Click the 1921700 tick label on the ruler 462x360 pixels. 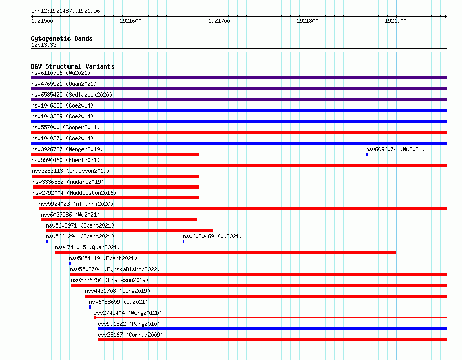coord(219,21)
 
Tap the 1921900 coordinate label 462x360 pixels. coord(396,21)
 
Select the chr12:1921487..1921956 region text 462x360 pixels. coord(65,11)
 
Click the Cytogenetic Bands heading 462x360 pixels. coord(62,38)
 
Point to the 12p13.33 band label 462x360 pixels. coord(44,45)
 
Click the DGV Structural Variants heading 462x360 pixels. coord(73,66)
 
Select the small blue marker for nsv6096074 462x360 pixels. coord(367,154)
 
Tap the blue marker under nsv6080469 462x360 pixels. coord(184,242)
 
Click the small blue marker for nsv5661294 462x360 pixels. coord(47,242)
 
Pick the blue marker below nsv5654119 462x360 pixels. coord(70,263)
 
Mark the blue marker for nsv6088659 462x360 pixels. coord(90,307)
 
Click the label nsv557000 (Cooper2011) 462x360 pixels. coord(65,127)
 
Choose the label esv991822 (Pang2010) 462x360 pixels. coord(129,324)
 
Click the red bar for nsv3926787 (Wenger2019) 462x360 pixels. coord(115,154)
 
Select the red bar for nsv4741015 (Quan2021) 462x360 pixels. coord(225,252)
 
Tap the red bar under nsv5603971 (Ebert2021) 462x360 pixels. coord(129,231)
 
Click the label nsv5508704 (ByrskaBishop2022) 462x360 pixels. coord(115,269)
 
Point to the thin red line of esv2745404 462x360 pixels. coord(271,318)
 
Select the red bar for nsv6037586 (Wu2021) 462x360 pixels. coord(119,220)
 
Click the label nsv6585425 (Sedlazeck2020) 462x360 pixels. coord(72,95)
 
